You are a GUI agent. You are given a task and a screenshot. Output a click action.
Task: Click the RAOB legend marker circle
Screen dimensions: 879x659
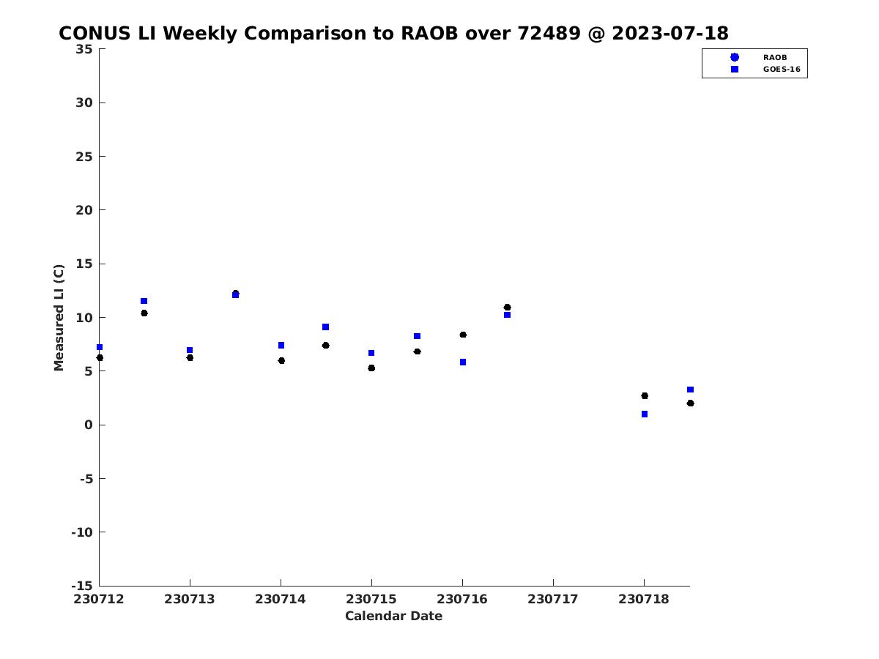[735, 57]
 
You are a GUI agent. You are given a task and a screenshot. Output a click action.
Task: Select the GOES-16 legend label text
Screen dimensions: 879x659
[782, 70]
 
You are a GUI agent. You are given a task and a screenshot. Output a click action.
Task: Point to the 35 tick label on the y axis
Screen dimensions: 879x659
[84, 49]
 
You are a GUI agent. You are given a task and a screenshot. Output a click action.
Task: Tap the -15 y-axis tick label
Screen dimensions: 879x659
[82, 586]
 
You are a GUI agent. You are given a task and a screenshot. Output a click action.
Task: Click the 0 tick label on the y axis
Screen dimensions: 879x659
[89, 425]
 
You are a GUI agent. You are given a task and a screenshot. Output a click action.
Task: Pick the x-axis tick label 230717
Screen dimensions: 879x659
[553, 599]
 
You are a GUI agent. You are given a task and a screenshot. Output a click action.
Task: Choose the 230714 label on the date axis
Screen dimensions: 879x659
[281, 599]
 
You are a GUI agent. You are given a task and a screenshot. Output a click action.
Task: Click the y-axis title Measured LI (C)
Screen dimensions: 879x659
[59, 318]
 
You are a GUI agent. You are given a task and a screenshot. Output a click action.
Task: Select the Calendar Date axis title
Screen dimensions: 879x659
[393, 616]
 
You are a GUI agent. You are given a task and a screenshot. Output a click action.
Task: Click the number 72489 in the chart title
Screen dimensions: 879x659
[549, 33]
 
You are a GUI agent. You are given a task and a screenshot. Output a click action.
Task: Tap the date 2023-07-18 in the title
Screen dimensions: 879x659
[670, 33]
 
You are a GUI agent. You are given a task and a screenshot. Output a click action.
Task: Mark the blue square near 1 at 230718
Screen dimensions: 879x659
[645, 414]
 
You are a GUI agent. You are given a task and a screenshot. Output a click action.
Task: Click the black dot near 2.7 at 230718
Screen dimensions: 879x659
[645, 395]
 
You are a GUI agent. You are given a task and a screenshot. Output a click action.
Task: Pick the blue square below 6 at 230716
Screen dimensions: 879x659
[463, 362]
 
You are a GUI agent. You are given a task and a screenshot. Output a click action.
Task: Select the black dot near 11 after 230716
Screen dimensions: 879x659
[508, 308]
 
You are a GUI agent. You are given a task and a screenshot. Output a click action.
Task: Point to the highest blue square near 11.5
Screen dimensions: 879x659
[144, 301]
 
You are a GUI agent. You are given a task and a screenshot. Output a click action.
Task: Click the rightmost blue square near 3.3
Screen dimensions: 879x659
[691, 390]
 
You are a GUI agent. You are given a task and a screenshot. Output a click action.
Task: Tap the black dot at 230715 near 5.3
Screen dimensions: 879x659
[371, 368]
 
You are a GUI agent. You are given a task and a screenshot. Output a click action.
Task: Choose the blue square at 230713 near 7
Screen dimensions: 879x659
[190, 350]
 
